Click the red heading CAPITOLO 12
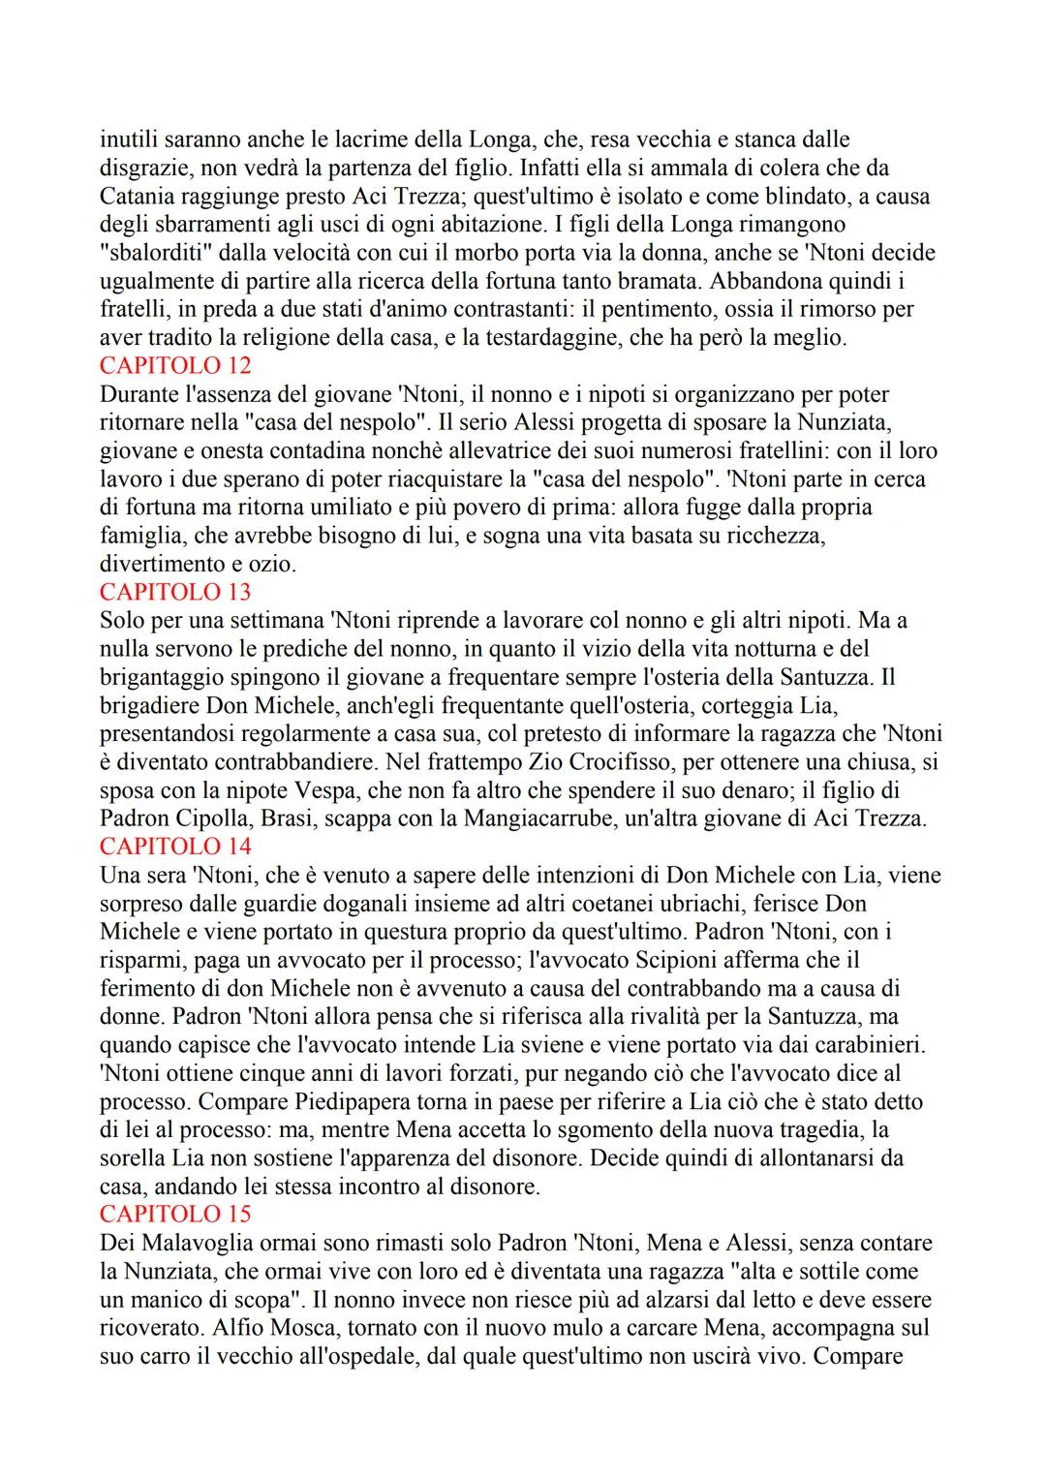(x=175, y=366)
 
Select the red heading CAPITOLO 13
(x=175, y=592)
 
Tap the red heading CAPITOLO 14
(x=175, y=847)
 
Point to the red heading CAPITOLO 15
(x=175, y=1215)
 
